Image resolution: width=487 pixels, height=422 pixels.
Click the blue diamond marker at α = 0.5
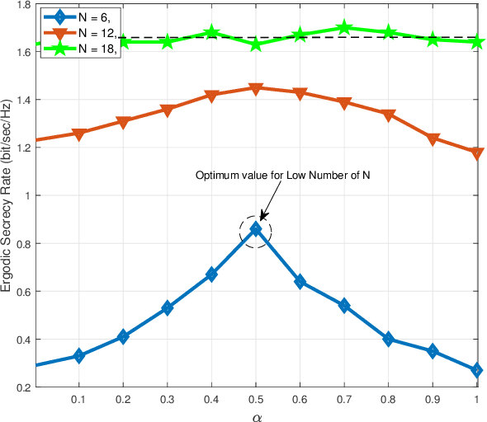pyautogui.click(x=256, y=229)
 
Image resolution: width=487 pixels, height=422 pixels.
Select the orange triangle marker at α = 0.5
pyautogui.click(x=256, y=88)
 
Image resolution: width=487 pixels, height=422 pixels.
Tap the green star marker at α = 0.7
pyautogui.click(x=344, y=29)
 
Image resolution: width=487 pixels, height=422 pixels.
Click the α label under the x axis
pyautogui.click(x=256, y=415)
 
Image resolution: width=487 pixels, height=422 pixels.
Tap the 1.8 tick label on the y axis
pyautogui.click(x=21, y=5)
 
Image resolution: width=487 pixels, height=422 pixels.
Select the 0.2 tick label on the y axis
pyautogui.click(x=21, y=387)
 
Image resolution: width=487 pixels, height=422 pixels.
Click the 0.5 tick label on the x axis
pyautogui.click(x=256, y=398)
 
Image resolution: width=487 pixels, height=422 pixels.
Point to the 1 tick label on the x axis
pyautogui.click(x=476, y=398)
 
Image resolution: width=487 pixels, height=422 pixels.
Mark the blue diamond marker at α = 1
pyautogui.click(x=476, y=371)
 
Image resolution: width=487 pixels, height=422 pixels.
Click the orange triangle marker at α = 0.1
pyautogui.click(x=78, y=134)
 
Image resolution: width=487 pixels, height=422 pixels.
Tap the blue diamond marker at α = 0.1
pyautogui.click(x=78, y=356)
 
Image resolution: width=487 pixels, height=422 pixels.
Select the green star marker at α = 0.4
pyautogui.click(x=211, y=34)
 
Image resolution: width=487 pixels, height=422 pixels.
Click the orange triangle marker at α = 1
pyautogui.click(x=476, y=153)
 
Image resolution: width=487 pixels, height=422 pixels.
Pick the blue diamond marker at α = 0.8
pyautogui.click(x=388, y=340)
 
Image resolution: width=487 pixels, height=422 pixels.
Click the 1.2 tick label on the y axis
pyautogui.click(x=21, y=148)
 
